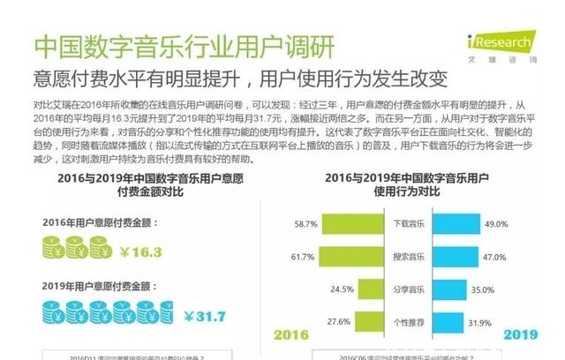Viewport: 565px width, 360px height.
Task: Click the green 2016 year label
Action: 293,335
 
